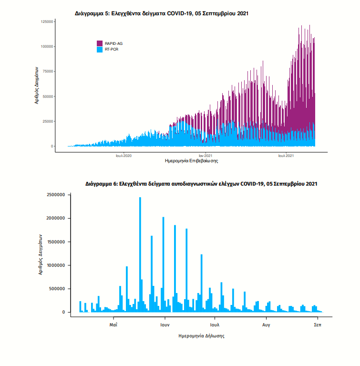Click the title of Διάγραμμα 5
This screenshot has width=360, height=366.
click(x=162, y=14)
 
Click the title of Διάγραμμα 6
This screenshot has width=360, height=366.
click(x=201, y=183)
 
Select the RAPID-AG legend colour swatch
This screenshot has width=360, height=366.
click(x=100, y=43)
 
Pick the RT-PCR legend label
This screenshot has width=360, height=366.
click(x=112, y=49)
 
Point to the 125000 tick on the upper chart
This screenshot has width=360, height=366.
click(x=47, y=21)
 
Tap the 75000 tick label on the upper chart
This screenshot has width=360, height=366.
click(x=48, y=72)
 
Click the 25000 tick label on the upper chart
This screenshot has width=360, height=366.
click(x=48, y=121)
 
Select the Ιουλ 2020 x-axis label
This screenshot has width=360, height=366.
click(x=123, y=156)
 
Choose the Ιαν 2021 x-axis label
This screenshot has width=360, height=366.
click(x=206, y=156)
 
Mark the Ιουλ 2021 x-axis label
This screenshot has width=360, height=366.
click(x=286, y=156)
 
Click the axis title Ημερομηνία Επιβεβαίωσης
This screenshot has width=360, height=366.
click(x=191, y=161)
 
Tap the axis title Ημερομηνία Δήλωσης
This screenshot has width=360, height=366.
click(x=201, y=336)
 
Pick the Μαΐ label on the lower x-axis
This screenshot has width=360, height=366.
click(x=113, y=324)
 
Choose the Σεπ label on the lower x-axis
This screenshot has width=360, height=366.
click(x=317, y=324)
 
